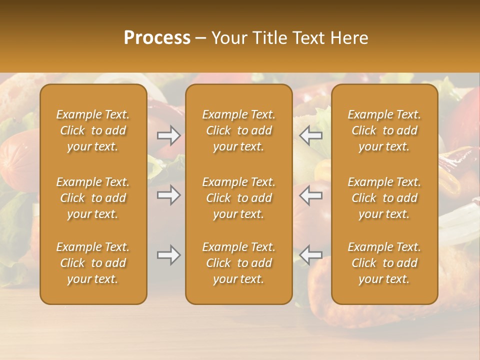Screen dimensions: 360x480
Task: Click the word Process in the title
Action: pos(157,38)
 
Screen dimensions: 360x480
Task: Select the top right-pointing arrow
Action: pos(168,135)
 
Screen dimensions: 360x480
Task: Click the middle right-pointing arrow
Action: pos(168,195)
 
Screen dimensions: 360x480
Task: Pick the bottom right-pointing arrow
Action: pos(168,255)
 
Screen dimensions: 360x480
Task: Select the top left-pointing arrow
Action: pos(311,135)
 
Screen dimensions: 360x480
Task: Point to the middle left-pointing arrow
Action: pos(311,195)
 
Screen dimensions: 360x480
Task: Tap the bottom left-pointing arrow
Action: pos(311,255)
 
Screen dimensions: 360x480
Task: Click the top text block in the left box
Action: pos(93,130)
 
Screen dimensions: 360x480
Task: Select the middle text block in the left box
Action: pos(93,198)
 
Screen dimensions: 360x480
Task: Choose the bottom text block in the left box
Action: pos(93,263)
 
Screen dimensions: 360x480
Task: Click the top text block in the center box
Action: pos(239,130)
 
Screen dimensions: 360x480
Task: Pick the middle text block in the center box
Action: pos(239,198)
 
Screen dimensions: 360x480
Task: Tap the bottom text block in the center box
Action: pos(239,263)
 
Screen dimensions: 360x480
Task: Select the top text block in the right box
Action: pos(384,130)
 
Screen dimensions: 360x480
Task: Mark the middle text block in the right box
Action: pos(384,198)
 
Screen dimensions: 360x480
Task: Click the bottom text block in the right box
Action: pos(384,263)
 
